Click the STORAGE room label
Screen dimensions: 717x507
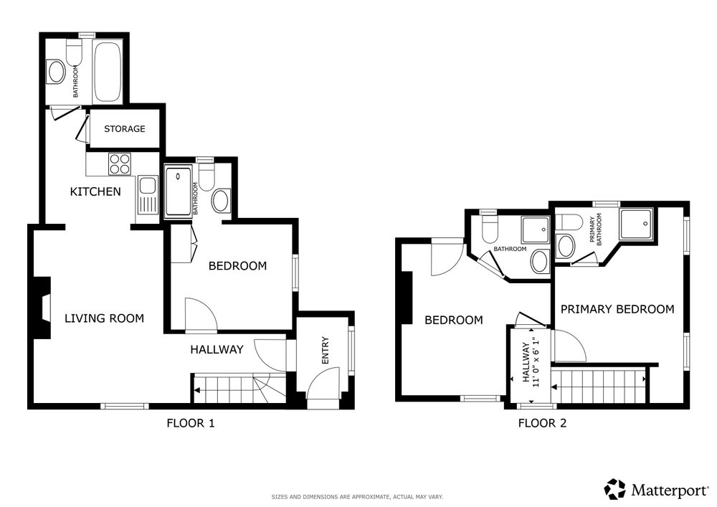coord(124,129)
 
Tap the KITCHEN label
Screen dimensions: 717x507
coord(95,191)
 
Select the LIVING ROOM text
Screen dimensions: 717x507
coord(104,318)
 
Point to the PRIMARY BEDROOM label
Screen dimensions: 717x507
coord(617,310)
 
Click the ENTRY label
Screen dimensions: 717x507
coord(326,351)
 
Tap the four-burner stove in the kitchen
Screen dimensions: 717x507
coord(120,164)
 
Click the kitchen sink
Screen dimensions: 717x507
coord(147,196)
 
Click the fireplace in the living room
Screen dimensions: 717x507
coord(42,308)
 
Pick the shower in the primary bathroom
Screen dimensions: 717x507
coord(636,224)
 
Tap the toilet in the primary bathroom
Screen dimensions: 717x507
coord(569,222)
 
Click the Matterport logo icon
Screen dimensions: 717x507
coord(615,489)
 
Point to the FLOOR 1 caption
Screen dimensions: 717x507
coord(191,423)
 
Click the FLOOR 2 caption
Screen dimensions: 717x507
coord(542,423)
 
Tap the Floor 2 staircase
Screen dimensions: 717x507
coord(599,387)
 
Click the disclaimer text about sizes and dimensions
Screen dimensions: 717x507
coord(357,497)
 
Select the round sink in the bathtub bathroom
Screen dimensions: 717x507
coord(57,72)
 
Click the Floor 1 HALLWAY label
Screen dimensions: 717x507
coord(217,350)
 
